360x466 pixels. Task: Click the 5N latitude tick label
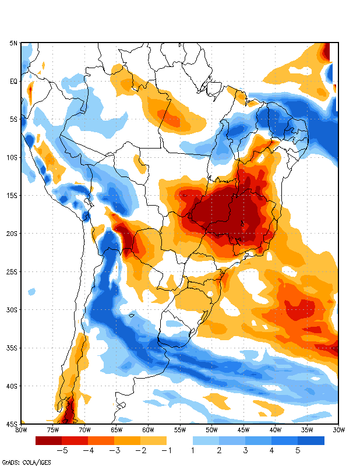[13, 43]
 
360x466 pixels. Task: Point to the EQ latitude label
[13, 82]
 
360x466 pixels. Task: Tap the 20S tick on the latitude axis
[12, 234]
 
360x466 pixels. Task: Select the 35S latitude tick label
[12, 348]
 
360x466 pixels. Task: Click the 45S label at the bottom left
[12, 423]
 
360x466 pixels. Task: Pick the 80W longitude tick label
[21, 430]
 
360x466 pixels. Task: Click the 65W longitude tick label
[117, 430]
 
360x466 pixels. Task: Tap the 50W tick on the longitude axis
[211, 430]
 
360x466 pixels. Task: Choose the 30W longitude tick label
[338, 430]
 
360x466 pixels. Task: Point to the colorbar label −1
[167, 450]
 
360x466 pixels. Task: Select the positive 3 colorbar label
[245, 450]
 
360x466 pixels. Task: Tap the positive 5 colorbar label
[298, 450]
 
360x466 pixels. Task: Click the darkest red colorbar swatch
[48, 440]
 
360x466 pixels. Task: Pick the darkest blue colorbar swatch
[311, 440]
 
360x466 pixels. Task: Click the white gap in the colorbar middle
[179, 440]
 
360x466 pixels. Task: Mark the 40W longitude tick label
[275, 430]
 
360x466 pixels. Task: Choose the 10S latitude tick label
[12, 157]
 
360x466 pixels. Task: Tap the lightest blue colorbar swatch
[206, 440]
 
